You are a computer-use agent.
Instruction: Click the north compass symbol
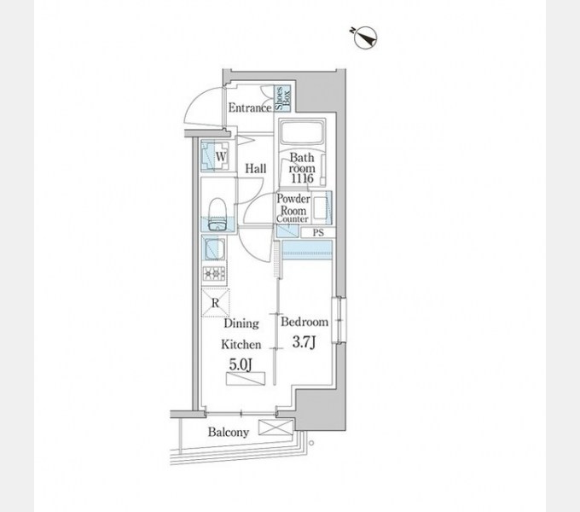[365, 38]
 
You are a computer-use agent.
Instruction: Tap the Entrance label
[250, 108]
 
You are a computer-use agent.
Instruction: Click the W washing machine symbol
[215, 156]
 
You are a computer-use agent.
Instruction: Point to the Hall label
[256, 169]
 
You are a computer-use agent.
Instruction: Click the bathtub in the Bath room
[302, 132]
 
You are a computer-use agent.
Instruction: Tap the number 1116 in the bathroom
[302, 178]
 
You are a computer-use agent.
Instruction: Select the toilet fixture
[217, 214]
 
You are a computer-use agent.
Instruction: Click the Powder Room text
[293, 205]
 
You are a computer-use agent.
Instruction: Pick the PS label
[318, 233]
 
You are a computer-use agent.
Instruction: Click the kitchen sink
[214, 249]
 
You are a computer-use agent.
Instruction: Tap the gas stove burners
[214, 274]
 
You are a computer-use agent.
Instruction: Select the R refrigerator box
[216, 303]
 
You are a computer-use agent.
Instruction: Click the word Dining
[241, 323]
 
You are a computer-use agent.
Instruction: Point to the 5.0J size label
[241, 364]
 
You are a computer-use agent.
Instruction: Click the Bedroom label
[304, 322]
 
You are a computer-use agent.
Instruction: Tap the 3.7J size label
[304, 342]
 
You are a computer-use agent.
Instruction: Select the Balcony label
[229, 432]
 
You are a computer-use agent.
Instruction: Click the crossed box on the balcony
[275, 428]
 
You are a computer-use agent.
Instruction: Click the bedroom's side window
[339, 320]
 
